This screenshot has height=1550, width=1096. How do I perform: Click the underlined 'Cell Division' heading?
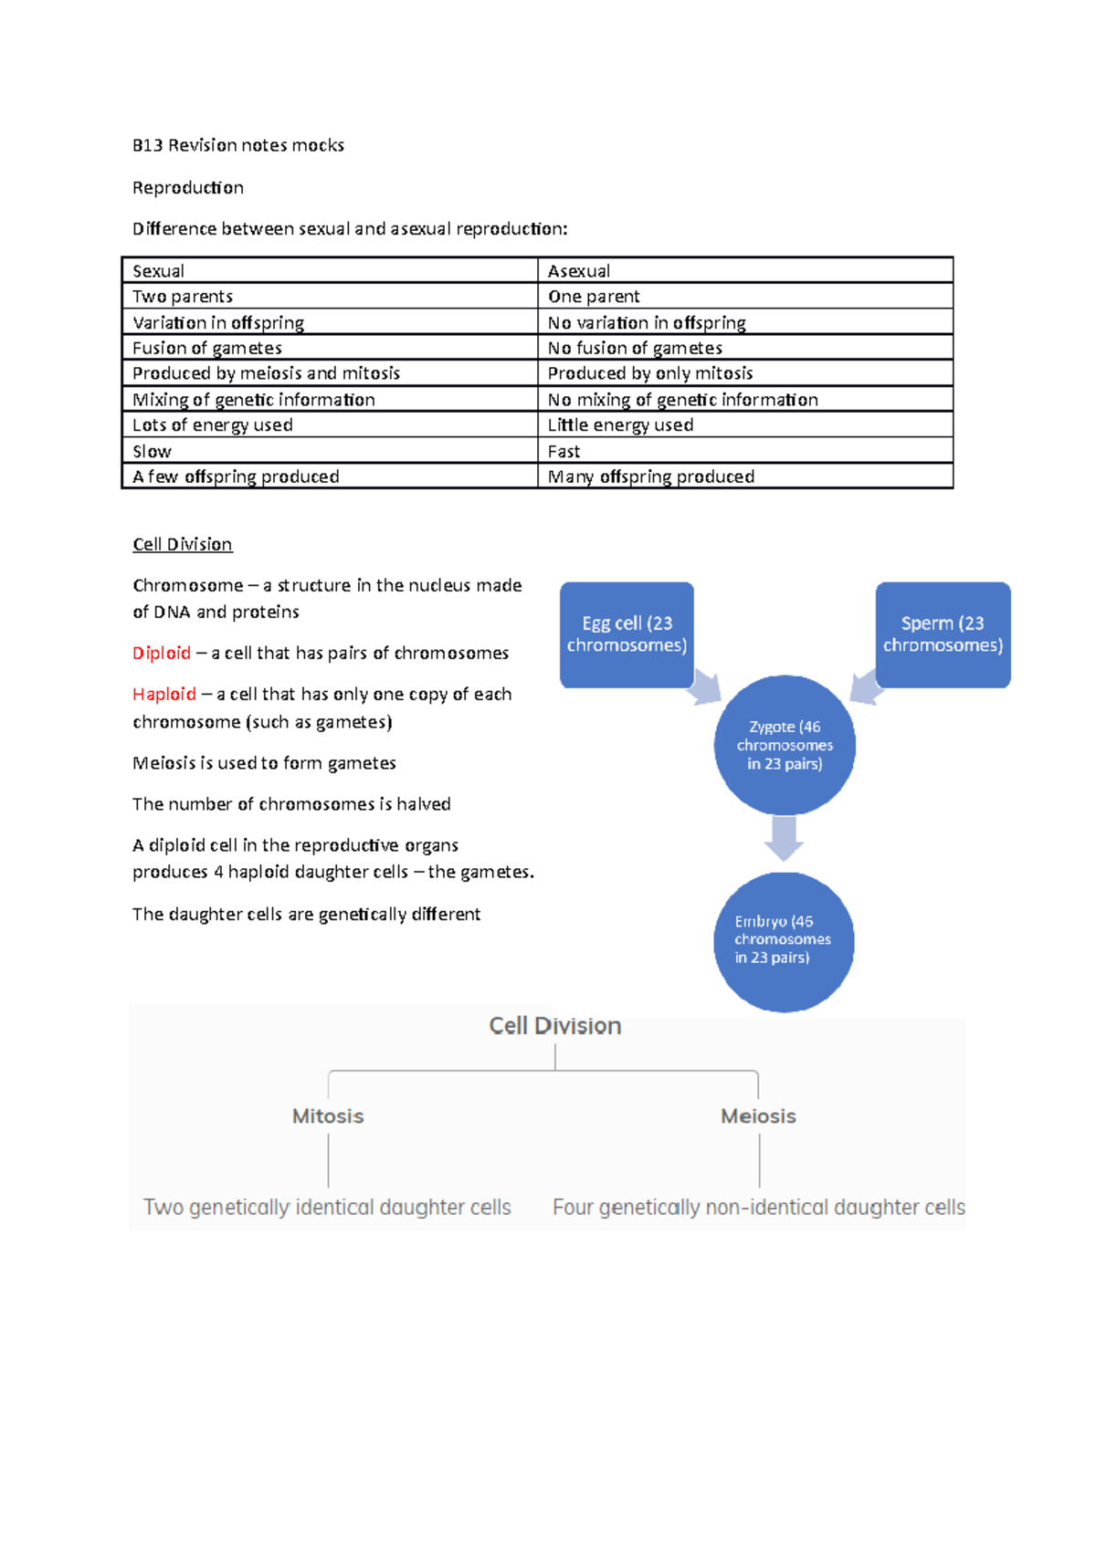coord(183,544)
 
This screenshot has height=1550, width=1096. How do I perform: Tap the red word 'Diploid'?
coord(162,653)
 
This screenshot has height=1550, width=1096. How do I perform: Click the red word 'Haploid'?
coord(164,694)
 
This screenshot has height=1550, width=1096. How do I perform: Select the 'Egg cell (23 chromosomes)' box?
coord(627,634)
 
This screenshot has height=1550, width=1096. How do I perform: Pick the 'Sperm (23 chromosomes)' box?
coord(943,634)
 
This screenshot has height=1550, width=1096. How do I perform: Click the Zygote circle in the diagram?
coord(785,745)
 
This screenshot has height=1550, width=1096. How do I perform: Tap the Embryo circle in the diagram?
coord(784,941)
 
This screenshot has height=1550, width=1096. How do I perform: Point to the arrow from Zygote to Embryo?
coord(784,837)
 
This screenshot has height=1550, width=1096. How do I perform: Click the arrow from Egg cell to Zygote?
coord(705,686)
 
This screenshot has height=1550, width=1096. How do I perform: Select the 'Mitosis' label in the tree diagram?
coord(328,1116)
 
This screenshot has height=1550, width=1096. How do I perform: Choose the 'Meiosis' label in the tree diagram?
coord(758,1116)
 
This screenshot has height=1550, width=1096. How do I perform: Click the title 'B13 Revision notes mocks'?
coord(238,145)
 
